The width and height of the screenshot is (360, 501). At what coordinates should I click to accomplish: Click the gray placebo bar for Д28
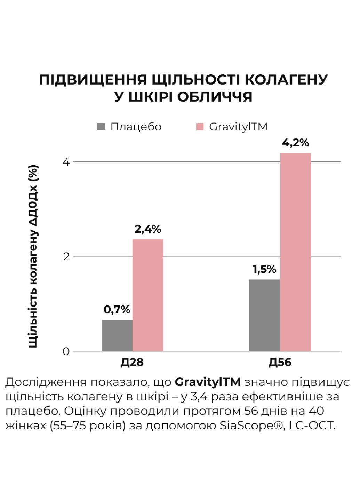117,335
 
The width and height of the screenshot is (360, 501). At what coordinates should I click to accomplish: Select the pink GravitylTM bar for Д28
148,295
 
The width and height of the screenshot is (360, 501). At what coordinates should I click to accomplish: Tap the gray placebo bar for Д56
265,315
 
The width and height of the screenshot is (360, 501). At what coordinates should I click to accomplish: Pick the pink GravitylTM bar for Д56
295,252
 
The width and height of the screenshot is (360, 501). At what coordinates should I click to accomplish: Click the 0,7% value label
117,309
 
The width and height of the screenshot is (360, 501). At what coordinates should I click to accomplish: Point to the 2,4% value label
148,229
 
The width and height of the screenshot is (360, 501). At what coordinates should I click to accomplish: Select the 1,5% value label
264,269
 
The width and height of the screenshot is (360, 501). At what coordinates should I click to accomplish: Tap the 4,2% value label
295,143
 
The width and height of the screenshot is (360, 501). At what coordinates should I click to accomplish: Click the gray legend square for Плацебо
101,127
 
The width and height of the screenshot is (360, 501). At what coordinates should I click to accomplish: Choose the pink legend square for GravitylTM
200,127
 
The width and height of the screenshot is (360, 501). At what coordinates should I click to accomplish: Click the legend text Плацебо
136,127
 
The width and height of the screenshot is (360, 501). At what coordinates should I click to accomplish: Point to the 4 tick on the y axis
66,162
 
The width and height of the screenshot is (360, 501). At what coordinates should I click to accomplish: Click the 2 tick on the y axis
66,257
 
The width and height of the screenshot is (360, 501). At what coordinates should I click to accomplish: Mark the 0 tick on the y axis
66,351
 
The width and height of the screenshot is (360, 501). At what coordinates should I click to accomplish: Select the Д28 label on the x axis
132,363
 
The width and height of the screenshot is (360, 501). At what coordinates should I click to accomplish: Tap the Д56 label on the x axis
280,363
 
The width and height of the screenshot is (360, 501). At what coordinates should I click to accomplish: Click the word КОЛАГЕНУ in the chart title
286,80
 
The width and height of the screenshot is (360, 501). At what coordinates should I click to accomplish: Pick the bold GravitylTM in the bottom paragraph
208,382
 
